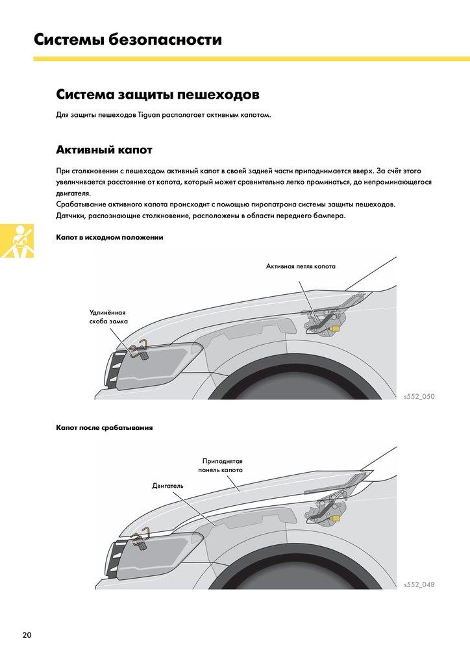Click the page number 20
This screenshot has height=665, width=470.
(26, 634)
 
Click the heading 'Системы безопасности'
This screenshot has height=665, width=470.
(128, 40)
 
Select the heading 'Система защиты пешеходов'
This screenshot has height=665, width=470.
(158, 95)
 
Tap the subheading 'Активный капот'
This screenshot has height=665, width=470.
(104, 150)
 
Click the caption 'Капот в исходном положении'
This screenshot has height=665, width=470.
(110, 237)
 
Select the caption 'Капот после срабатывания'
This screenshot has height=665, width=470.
(105, 427)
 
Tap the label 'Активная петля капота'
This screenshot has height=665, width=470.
(301, 266)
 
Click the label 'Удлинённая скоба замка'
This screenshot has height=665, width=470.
(108, 316)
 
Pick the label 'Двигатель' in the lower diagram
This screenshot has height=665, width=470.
(168, 485)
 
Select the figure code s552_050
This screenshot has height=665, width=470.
(419, 395)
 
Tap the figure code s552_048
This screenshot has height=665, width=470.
(419, 584)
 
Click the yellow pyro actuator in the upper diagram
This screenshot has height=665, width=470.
(335, 329)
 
